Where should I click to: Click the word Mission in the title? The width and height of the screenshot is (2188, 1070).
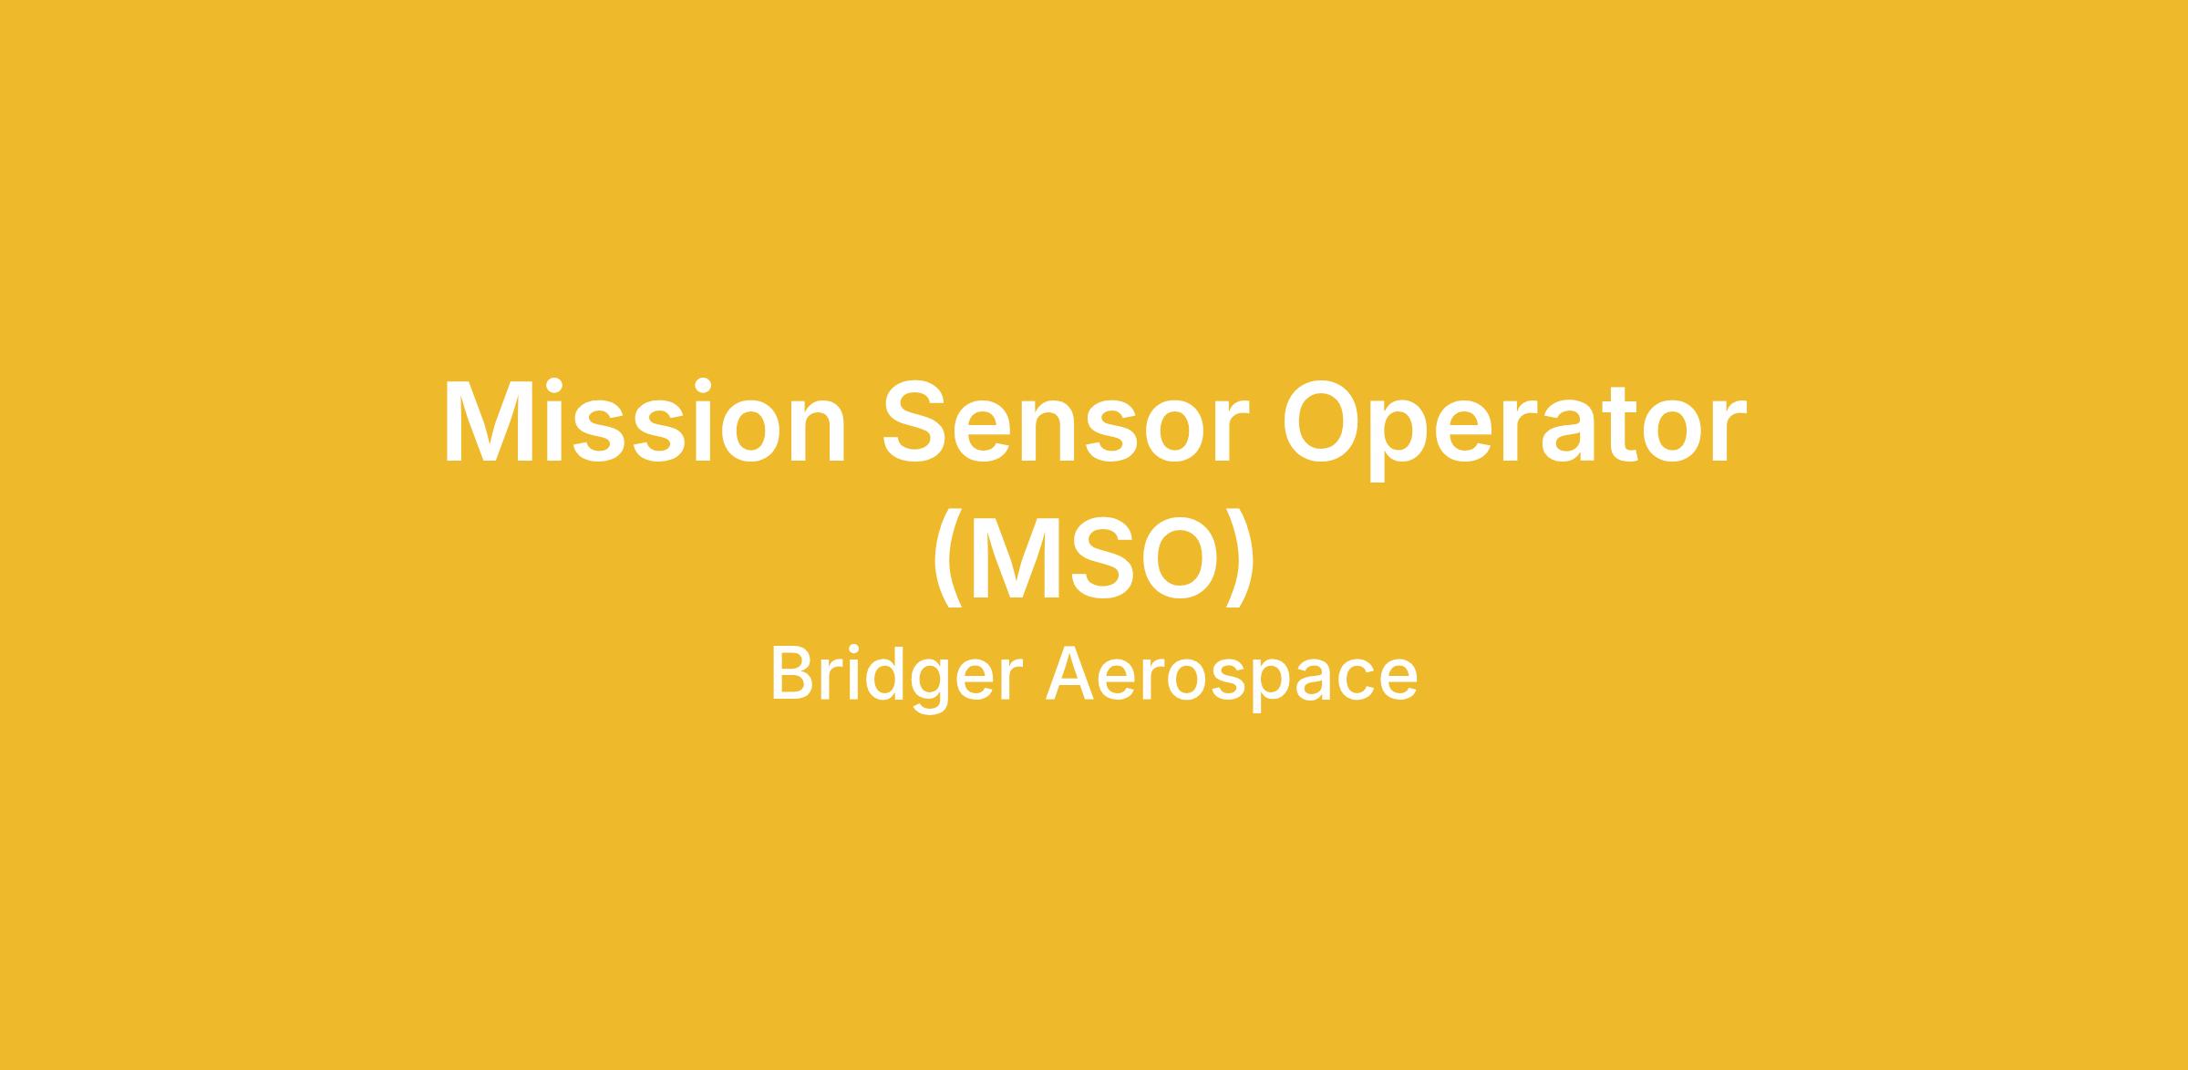pos(645,420)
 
